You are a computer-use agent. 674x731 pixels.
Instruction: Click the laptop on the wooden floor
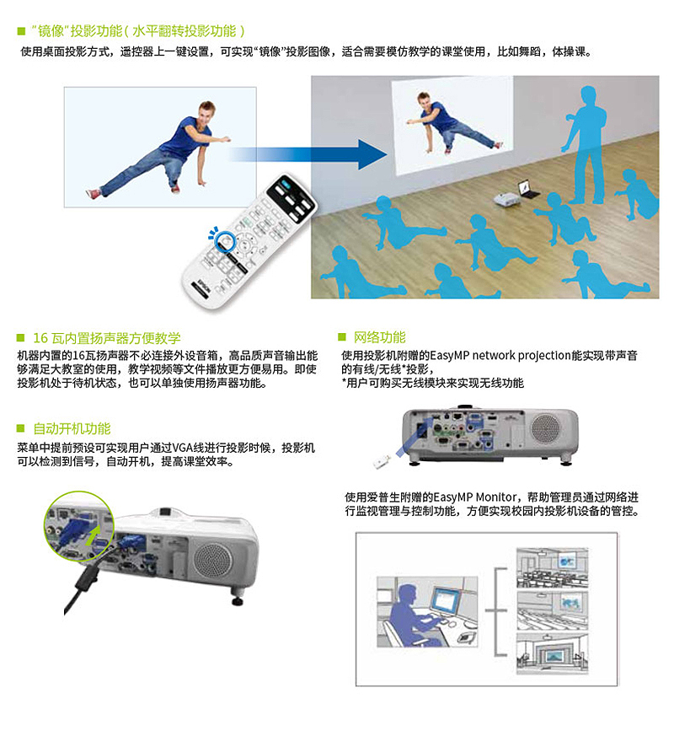[x=529, y=189]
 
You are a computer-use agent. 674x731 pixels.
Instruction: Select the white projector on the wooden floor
[x=507, y=199]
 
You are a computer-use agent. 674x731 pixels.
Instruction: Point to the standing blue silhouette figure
[x=585, y=144]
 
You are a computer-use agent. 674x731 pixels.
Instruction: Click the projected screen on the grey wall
[x=452, y=125]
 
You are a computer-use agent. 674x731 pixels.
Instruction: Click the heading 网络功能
[x=379, y=337]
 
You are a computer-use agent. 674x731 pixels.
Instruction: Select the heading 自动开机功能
[x=72, y=428]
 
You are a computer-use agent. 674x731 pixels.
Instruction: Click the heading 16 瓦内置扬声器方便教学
[x=107, y=338]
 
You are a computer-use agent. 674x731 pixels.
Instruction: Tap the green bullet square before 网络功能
[x=342, y=336]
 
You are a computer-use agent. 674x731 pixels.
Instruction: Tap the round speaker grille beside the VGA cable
[x=212, y=561]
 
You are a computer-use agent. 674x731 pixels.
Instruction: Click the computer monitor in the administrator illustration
[x=446, y=601]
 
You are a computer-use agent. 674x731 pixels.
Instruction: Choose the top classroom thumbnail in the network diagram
[x=553, y=567]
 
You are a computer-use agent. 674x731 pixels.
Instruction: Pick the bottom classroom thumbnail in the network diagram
[x=553, y=653]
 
